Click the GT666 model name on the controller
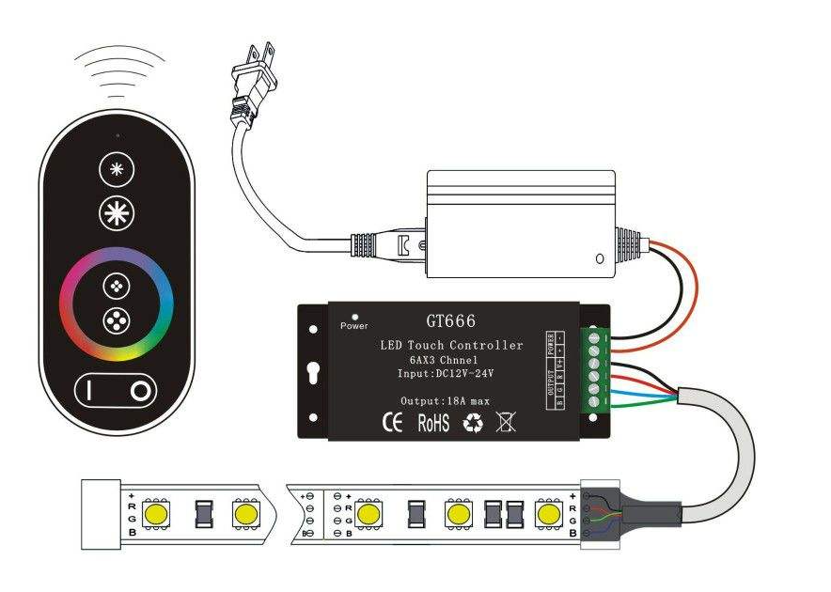tap(450, 320)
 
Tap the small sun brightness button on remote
tap(118, 171)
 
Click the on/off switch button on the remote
tap(117, 390)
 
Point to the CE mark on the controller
tap(392, 423)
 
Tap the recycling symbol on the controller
tap(473, 424)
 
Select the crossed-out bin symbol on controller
tap(506, 423)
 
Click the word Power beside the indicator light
tap(353, 326)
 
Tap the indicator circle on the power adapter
tap(600, 257)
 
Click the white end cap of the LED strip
tap(99, 514)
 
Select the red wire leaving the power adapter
tap(691, 282)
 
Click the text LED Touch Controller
tap(451, 345)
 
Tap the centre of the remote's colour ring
tap(118, 303)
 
